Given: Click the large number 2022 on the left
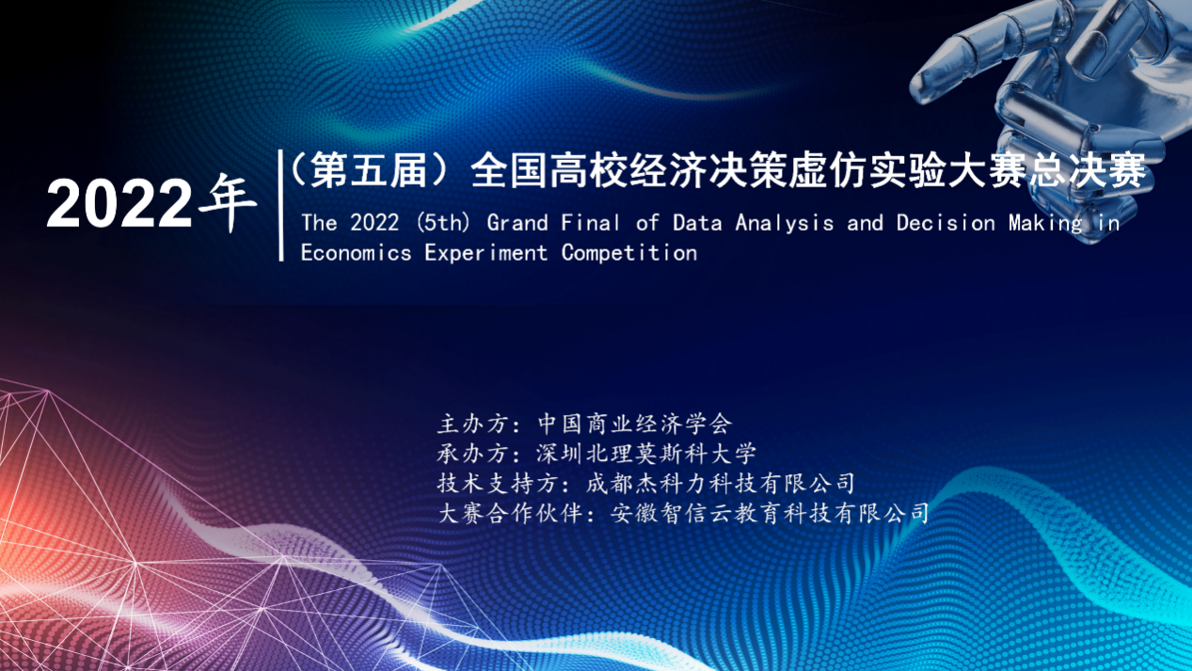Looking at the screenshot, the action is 119,204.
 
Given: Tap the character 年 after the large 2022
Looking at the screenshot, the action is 228,204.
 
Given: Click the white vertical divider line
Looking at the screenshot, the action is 281,205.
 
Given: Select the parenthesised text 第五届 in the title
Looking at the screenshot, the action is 368,170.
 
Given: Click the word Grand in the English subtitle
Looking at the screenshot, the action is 517,223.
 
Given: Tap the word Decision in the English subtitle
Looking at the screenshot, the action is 946,223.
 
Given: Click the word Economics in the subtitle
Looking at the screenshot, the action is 356,253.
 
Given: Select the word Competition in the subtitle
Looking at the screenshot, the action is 629,254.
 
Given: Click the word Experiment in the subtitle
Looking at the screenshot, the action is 485,254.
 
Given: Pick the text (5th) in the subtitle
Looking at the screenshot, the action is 443,223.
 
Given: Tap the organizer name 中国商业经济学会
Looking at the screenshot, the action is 635,424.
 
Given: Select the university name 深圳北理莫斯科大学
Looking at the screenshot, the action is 646,454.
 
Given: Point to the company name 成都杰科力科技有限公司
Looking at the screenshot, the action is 721,484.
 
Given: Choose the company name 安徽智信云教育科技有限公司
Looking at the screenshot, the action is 770,514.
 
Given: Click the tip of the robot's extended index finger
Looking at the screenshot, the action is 914,91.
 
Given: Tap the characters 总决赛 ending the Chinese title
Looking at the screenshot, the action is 1088,170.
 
